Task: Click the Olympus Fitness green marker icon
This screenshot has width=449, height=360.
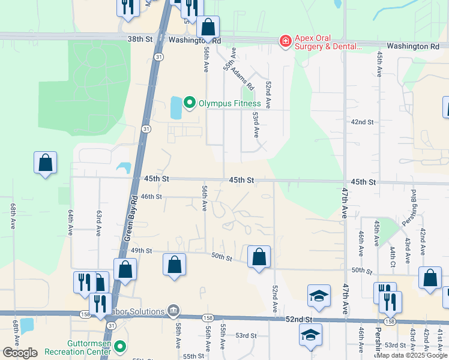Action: [190, 103]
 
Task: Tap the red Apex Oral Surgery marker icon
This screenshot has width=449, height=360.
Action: [285, 40]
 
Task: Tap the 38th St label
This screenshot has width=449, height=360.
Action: [140, 39]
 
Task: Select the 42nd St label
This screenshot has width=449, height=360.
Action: [362, 122]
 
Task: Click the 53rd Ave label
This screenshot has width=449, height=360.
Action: [256, 124]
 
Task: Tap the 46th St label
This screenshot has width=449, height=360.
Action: [151, 196]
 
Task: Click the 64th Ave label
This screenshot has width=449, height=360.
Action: [70, 222]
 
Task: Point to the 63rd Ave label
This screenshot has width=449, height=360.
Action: [98, 222]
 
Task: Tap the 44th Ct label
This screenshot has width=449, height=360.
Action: [392, 256]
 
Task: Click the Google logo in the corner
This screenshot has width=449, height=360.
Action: [20, 353]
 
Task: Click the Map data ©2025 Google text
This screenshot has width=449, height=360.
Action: [412, 355]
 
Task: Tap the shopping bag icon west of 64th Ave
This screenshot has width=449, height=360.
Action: [45, 162]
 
